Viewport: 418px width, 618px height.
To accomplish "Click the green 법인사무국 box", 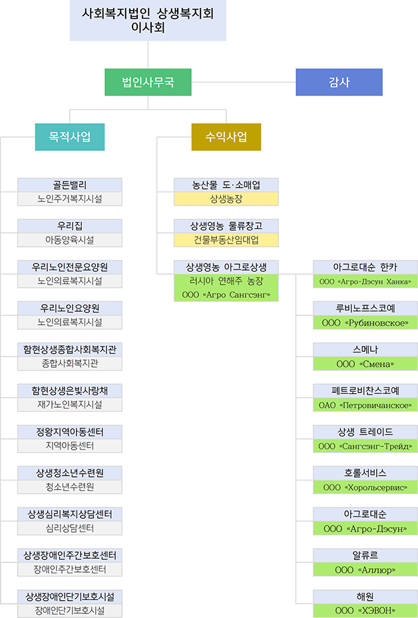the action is click(x=148, y=82).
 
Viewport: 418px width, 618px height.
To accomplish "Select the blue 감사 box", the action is click(x=339, y=82).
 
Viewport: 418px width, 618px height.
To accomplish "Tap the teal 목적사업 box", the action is click(x=70, y=137).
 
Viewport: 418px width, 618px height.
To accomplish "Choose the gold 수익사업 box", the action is click(x=226, y=137).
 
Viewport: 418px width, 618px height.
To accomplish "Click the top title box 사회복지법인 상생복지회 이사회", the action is click(x=148, y=20).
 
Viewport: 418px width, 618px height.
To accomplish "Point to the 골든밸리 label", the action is click(x=70, y=185).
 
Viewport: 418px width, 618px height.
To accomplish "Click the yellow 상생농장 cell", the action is click(x=226, y=199).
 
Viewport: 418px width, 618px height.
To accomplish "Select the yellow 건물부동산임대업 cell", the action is click(x=226, y=239).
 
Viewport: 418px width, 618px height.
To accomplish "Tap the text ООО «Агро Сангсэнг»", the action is click(x=226, y=295).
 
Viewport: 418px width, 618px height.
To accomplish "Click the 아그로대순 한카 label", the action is click(x=365, y=267).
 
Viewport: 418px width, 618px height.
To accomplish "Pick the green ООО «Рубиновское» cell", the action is click(x=365, y=323).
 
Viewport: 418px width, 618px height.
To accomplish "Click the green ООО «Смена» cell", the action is click(x=365, y=364).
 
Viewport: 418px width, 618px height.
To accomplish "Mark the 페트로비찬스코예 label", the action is click(x=365, y=390).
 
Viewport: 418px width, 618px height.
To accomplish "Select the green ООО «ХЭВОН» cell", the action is click(x=365, y=610).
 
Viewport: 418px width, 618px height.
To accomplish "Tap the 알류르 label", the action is click(x=365, y=555).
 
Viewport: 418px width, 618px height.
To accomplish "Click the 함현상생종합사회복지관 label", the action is click(x=70, y=350).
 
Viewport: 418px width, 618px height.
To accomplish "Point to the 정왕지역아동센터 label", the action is click(x=70, y=432).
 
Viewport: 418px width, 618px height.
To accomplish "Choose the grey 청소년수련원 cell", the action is click(x=70, y=487).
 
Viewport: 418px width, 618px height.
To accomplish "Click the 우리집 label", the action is click(x=70, y=226).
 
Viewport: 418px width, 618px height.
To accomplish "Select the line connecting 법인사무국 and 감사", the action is click(x=244, y=82).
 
